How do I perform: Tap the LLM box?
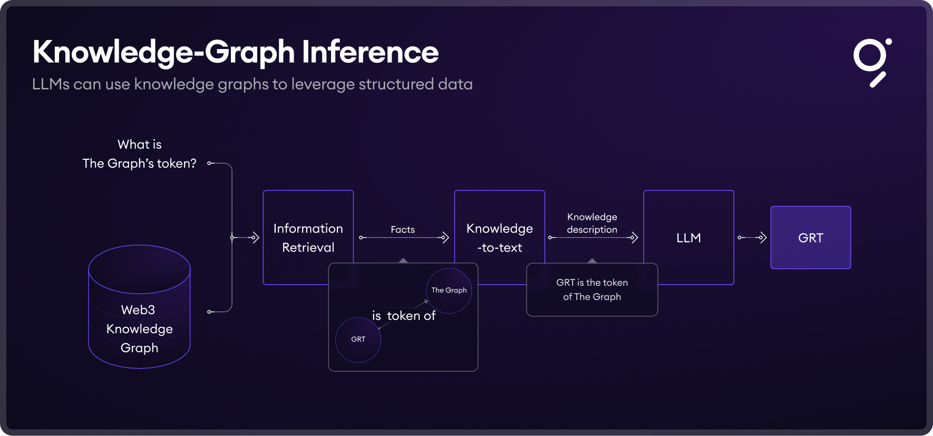coord(688,237)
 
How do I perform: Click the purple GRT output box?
coord(810,238)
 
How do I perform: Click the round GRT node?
coord(358,340)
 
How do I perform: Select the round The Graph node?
coord(449,290)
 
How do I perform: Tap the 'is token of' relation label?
coord(404,316)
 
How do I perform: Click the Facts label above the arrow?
coord(403,229)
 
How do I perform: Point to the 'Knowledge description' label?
coord(592,223)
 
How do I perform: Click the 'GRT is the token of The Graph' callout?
coord(592,290)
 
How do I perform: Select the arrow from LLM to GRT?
coord(752,238)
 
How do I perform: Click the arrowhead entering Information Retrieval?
coord(256,238)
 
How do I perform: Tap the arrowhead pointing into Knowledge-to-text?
coord(445,238)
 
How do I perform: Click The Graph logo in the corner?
coord(872,62)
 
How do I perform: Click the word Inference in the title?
coord(370,52)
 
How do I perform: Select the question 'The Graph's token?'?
coord(139,163)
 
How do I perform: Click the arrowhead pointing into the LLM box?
coord(635,238)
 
